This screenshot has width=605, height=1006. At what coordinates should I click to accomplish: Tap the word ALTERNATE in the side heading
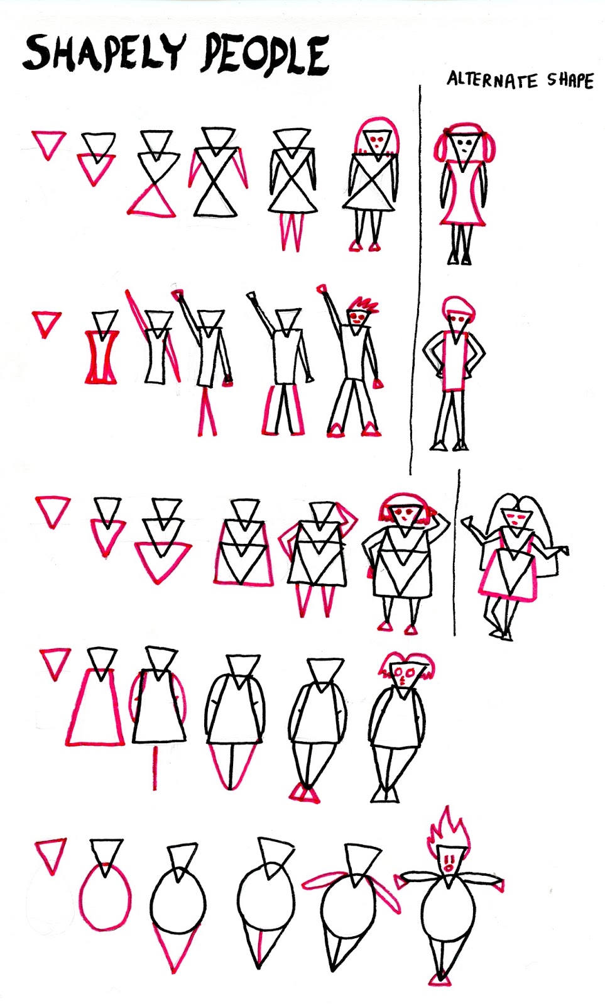492,80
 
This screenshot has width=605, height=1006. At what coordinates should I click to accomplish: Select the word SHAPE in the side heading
570,80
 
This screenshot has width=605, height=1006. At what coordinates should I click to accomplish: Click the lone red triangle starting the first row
48,143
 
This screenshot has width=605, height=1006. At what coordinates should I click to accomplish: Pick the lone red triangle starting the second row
46,323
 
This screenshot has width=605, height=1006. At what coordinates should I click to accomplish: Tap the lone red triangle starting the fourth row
55,663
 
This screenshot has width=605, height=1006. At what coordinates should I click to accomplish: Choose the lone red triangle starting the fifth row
50,854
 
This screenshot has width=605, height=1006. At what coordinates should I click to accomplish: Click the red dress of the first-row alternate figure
463,195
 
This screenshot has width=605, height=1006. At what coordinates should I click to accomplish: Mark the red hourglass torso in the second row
102,357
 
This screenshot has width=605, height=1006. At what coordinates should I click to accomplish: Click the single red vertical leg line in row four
154,768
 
